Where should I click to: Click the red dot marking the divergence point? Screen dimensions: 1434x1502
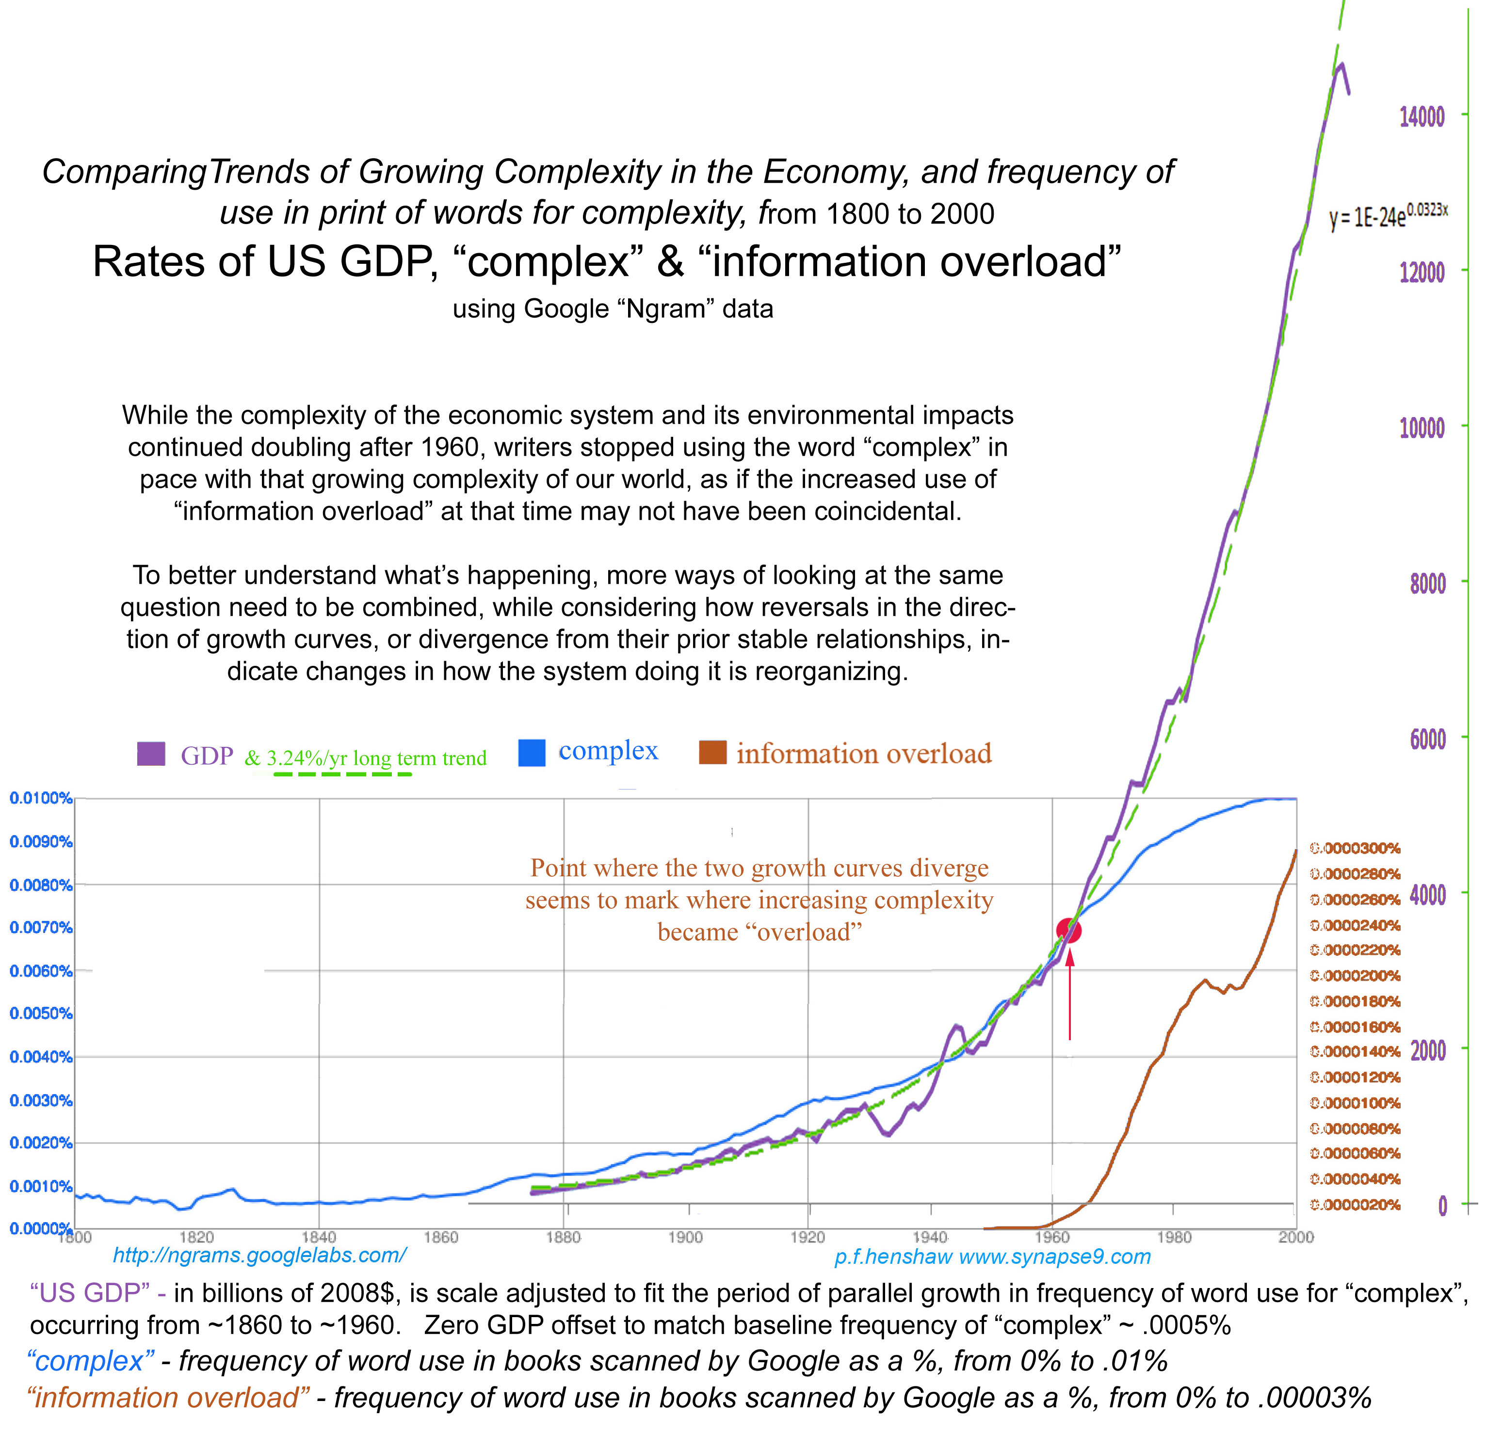point(1068,930)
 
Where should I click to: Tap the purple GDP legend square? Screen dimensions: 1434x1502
point(151,754)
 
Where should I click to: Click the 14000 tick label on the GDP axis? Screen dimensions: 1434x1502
point(1422,117)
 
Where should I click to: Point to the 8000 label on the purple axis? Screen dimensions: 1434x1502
point(1427,584)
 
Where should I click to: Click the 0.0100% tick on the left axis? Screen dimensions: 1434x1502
point(41,799)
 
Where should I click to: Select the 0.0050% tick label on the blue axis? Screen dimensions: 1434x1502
point(41,1014)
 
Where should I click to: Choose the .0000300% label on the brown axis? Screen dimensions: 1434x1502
point(1355,849)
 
